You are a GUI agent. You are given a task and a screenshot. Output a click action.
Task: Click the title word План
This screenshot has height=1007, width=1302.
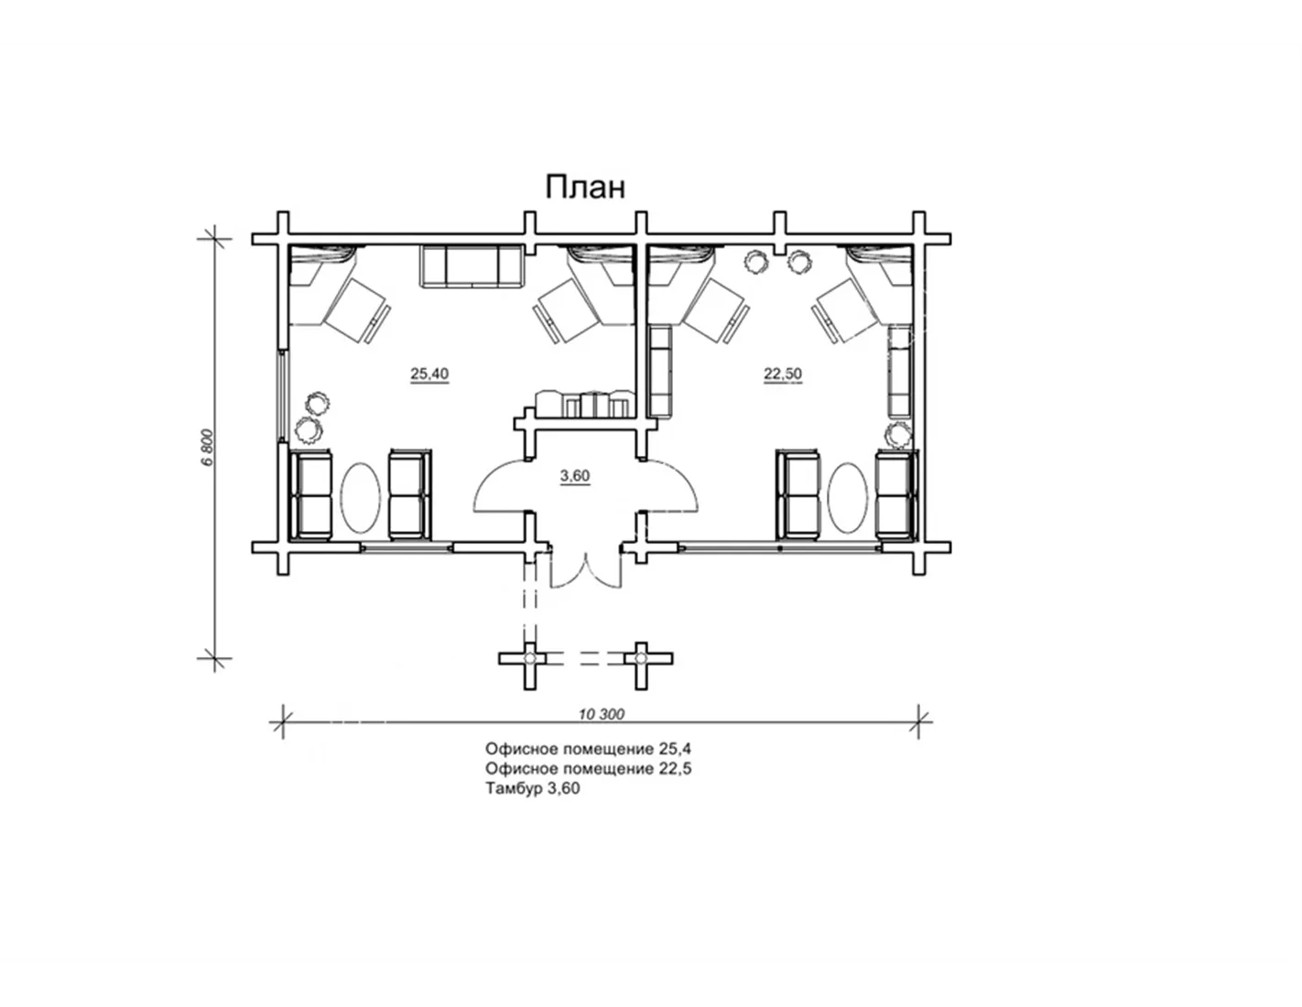(585, 188)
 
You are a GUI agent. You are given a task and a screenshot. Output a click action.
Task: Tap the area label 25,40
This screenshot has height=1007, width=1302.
(429, 374)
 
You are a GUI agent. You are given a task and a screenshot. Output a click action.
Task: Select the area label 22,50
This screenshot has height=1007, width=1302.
(783, 374)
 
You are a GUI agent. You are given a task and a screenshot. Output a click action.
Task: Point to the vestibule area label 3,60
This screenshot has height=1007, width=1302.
(575, 476)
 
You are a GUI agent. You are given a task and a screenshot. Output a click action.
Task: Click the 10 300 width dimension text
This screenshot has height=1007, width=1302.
(601, 714)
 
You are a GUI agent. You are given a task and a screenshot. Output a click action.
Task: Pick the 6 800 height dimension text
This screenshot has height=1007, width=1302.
(207, 447)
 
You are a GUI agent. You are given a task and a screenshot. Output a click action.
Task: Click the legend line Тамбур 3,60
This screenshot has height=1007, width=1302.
(533, 788)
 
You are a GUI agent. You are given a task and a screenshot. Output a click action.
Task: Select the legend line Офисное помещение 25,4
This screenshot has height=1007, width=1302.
(588, 749)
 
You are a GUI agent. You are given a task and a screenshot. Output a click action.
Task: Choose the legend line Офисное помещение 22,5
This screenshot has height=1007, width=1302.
(588, 769)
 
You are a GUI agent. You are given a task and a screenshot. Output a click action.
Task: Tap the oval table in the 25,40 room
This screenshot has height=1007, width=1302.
(361, 496)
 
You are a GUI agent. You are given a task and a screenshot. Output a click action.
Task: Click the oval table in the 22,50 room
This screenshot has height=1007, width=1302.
(847, 496)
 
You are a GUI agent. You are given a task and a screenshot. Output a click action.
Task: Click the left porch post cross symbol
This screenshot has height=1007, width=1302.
(529, 658)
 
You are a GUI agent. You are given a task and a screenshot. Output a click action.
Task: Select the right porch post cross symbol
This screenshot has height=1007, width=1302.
(641, 658)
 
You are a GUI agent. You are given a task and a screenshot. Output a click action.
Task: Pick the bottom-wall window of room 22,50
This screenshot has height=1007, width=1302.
(780, 547)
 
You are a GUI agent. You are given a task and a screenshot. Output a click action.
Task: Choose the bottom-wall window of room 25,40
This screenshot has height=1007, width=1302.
(407, 547)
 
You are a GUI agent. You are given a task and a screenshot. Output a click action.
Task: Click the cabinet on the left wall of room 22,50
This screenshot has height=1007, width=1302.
(660, 371)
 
